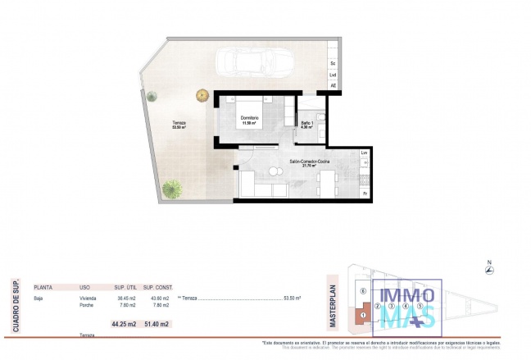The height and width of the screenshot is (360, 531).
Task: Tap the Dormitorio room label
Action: [x=250, y=121]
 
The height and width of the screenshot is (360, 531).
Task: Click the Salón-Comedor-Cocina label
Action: [x=310, y=163]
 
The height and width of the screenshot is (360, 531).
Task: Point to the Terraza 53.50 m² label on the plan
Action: [x=179, y=125]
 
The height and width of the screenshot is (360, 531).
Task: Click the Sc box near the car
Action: [x=333, y=63]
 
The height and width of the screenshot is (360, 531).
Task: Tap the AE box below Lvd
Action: [x=333, y=85]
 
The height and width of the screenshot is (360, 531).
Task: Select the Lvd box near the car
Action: [x=333, y=75]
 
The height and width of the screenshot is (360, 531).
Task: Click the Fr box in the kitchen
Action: [x=365, y=194]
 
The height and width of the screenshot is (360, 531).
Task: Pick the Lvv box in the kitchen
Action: [x=365, y=153]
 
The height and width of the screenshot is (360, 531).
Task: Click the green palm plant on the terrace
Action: [x=172, y=189]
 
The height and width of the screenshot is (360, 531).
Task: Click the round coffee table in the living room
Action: [x=275, y=173]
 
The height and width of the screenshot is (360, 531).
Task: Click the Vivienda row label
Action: [x=88, y=299]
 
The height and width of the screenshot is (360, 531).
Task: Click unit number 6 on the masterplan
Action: [x=362, y=291]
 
